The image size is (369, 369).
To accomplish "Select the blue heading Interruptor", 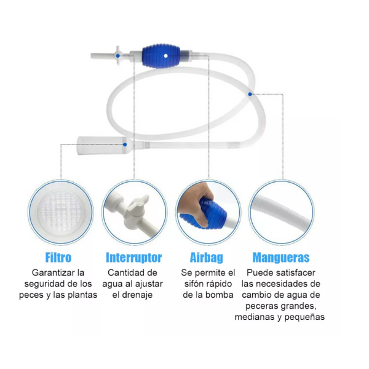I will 133,257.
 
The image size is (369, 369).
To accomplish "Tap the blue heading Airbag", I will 206,257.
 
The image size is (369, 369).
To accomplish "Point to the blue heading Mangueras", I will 281,257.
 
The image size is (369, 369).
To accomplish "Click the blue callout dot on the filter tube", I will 125,145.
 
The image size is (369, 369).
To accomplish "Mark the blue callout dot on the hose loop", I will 250,93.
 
